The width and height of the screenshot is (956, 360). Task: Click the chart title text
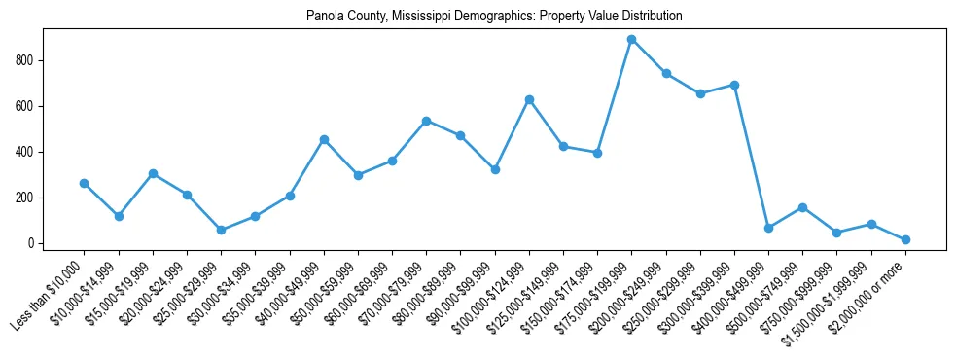click(x=494, y=17)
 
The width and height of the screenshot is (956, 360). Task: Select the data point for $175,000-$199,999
click(x=631, y=40)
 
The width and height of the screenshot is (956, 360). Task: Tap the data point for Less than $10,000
click(x=84, y=183)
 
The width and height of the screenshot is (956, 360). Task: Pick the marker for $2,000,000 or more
click(x=905, y=239)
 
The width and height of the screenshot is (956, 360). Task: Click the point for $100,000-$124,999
click(x=529, y=99)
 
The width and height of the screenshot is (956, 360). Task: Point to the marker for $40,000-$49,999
click(x=324, y=139)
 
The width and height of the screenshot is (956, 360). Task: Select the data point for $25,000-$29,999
click(x=221, y=230)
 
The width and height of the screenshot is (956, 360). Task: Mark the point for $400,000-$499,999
click(x=768, y=228)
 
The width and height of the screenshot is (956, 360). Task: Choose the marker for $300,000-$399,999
click(x=734, y=85)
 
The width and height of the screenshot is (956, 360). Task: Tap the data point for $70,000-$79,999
click(x=426, y=121)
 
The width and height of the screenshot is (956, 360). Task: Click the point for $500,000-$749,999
click(x=802, y=207)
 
